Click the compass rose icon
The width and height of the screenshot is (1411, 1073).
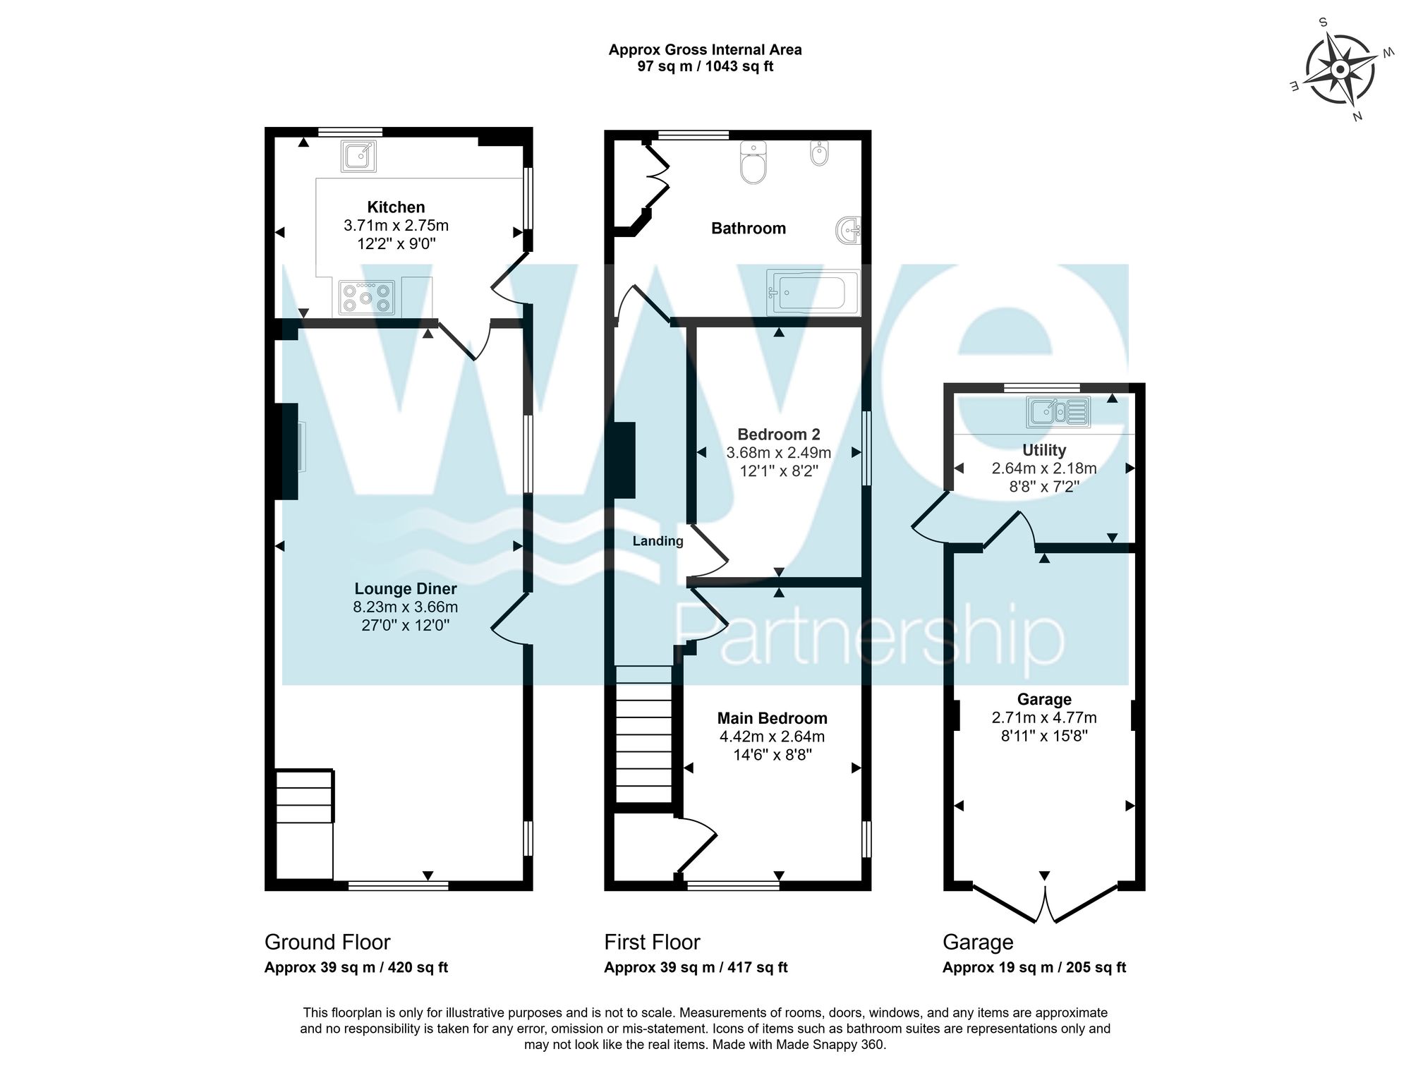(x=1338, y=69)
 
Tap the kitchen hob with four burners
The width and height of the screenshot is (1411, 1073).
(x=366, y=297)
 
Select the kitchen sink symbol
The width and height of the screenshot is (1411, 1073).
(x=358, y=155)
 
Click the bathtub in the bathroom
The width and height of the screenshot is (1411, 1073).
(x=813, y=292)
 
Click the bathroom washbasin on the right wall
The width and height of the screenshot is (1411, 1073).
(x=849, y=231)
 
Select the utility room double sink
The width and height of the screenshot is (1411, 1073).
(x=1059, y=411)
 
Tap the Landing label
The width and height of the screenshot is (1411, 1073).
(x=658, y=541)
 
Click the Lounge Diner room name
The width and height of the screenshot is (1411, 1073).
(x=406, y=588)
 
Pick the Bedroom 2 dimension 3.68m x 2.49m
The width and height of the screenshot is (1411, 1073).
(x=778, y=452)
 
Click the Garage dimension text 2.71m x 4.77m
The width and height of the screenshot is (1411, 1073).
(x=1044, y=717)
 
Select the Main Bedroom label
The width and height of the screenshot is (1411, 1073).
(x=772, y=718)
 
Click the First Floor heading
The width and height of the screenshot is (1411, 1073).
(x=652, y=942)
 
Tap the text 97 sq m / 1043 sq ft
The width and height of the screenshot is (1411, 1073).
(x=705, y=67)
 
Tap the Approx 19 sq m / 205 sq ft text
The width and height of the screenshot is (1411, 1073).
(x=1034, y=968)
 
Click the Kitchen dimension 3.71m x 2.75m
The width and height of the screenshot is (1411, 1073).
(x=396, y=226)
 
